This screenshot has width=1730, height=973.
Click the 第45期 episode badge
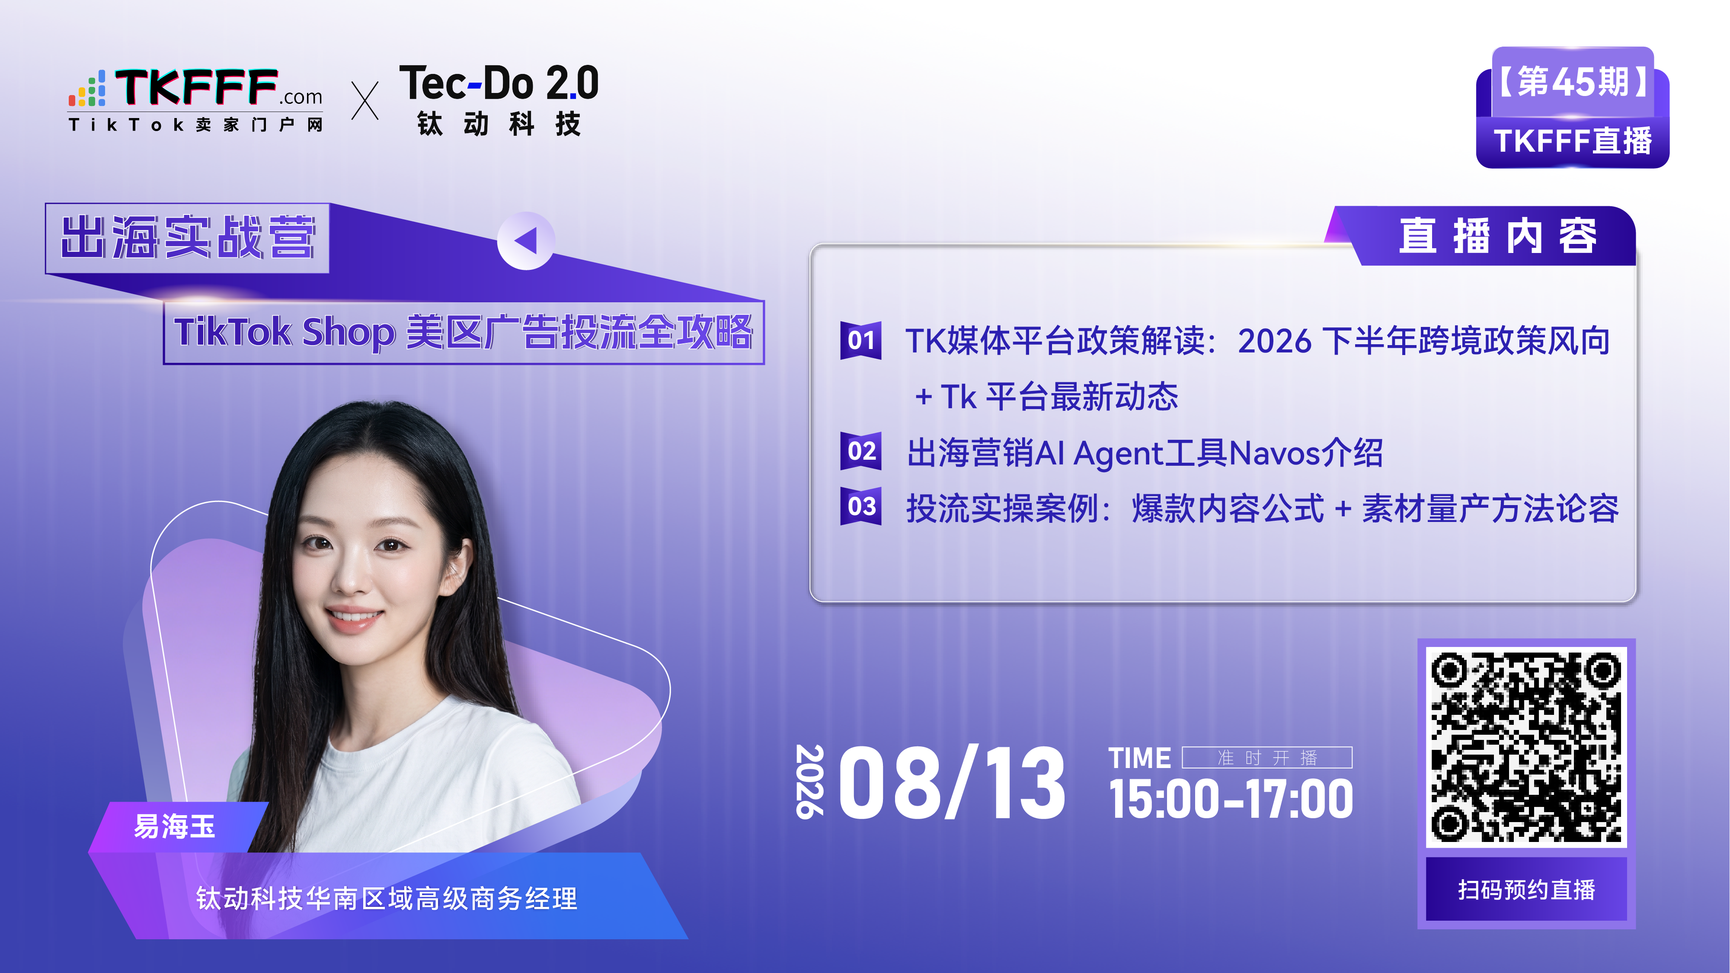coord(1573,82)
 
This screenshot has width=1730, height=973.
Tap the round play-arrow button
coord(526,241)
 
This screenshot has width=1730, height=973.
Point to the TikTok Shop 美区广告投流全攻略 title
coord(464,333)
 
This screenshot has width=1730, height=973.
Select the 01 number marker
coord(860,340)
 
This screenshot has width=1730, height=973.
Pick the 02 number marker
coord(860,451)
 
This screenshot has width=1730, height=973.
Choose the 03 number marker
coord(860,506)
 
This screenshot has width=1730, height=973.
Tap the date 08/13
coord(951,783)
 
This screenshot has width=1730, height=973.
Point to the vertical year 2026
coord(809,781)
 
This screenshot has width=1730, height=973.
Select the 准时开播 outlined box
coord(1266,758)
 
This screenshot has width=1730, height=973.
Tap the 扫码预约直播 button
coord(1526,889)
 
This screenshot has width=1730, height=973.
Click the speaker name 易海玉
coord(175,826)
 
